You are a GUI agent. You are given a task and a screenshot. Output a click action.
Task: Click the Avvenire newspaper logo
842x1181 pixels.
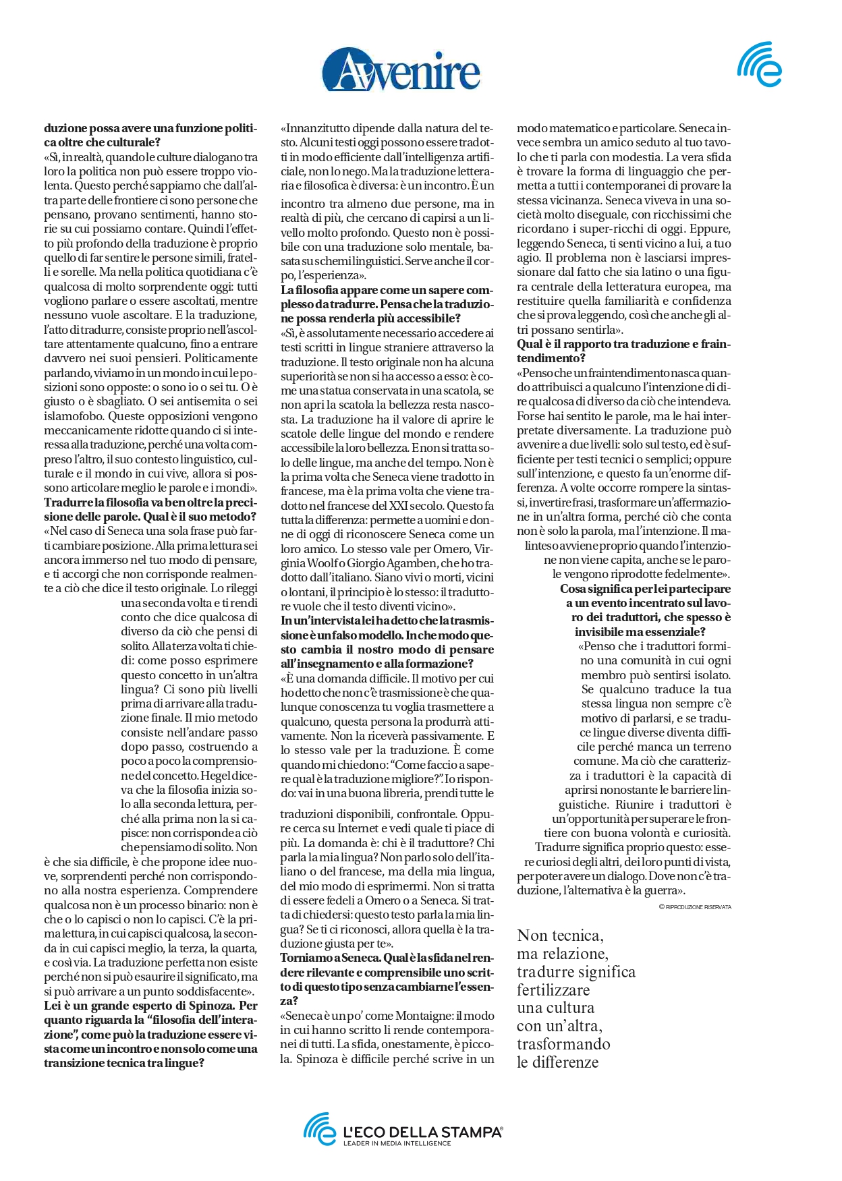[401, 69]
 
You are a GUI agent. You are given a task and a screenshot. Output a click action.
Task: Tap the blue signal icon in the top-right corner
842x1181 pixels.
[760, 65]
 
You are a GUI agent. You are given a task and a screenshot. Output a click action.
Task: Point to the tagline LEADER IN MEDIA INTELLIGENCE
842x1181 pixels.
[397, 1144]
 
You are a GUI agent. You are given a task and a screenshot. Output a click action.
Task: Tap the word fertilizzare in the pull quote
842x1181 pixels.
[553, 990]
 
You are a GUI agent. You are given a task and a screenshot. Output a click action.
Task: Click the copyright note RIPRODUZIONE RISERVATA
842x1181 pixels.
[698, 907]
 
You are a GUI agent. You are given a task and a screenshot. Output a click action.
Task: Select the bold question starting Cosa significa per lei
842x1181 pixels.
[644, 610]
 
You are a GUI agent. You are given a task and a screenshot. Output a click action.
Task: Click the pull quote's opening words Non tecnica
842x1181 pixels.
[560, 935]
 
